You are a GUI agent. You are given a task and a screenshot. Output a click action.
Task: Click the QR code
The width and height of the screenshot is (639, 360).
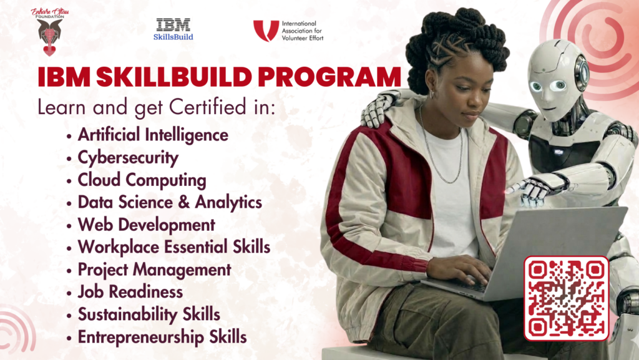(566, 298)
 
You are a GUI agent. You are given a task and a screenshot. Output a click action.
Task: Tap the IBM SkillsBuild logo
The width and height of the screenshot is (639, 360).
(173, 29)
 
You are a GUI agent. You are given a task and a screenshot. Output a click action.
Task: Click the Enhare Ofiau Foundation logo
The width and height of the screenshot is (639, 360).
(51, 31)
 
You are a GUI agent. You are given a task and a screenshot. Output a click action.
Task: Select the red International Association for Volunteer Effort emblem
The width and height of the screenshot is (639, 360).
(266, 31)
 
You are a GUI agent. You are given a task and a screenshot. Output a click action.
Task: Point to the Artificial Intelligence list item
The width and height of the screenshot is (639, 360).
(153, 135)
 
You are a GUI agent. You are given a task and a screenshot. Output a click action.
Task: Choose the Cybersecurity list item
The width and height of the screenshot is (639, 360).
(128, 157)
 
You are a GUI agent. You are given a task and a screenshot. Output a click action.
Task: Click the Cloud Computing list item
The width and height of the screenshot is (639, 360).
(142, 180)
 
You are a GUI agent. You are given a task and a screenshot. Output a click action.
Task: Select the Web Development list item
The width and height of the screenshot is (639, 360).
(146, 225)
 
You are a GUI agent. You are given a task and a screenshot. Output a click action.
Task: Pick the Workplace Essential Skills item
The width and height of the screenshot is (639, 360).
(173, 247)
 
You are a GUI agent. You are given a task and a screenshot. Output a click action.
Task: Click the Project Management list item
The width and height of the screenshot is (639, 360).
(154, 270)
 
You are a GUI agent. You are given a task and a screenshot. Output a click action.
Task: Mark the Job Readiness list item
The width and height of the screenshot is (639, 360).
(130, 292)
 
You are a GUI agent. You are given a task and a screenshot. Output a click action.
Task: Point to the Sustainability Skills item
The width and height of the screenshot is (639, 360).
(149, 314)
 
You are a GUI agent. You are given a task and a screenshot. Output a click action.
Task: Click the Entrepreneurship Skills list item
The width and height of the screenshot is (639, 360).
(162, 337)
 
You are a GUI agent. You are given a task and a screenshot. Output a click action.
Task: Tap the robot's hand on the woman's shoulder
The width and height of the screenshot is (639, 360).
(379, 107)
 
